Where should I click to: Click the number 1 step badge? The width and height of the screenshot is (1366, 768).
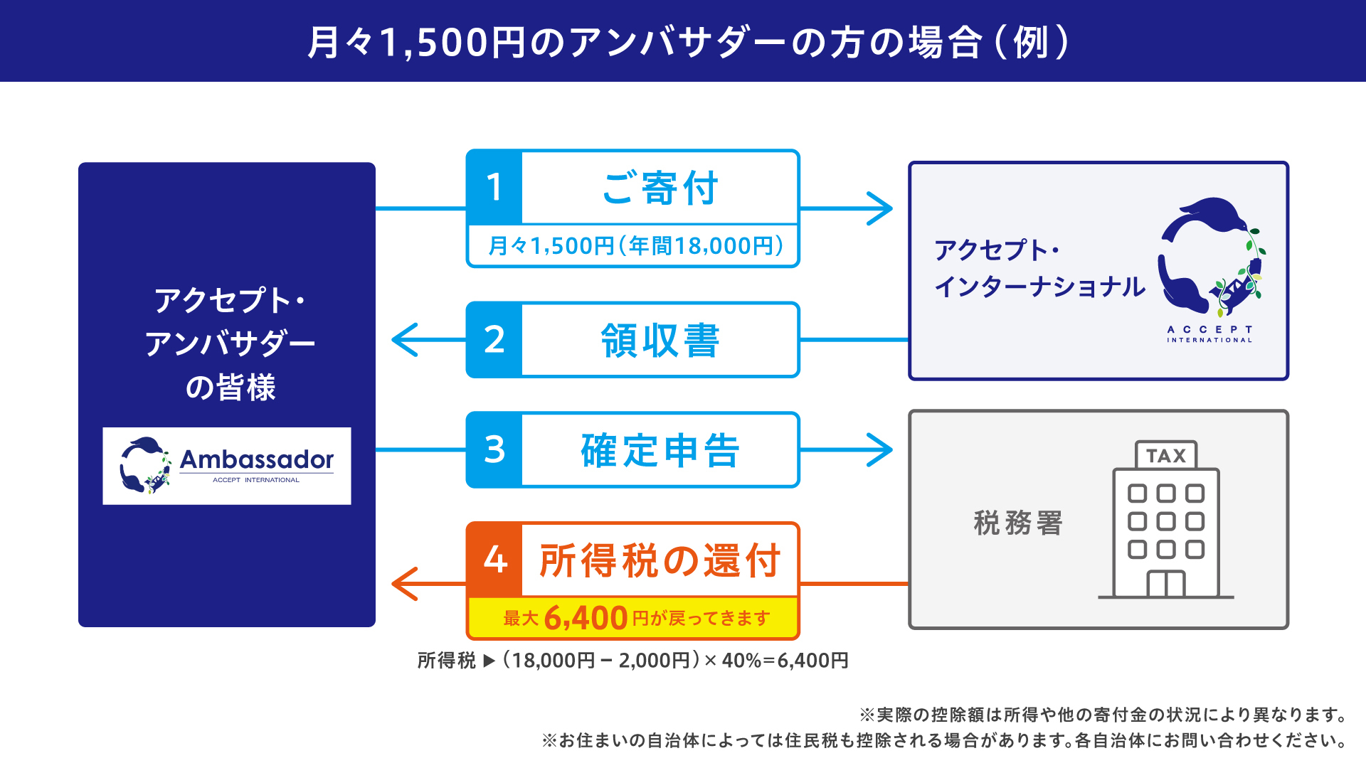(x=494, y=188)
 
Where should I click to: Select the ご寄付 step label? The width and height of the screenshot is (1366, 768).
(x=660, y=188)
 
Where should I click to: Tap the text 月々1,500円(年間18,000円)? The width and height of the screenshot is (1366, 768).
(x=635, y=246)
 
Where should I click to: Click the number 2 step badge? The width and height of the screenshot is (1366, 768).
(x=494, y=340)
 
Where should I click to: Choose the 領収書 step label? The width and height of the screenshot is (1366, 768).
(x=660, y=341)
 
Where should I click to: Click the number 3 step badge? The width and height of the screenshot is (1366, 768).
(x=494, y=449)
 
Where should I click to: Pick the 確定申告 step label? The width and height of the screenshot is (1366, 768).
(x=660, y=450)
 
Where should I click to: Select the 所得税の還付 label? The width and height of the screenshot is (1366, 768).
(x=660, y=560)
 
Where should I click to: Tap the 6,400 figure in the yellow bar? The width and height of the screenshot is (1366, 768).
(x=586, y=618)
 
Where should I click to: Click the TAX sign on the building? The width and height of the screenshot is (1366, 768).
(x=1166, y=456)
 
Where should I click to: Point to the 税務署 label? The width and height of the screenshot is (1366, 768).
(x=1017, y=523)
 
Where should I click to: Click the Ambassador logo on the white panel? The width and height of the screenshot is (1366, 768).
(x=227, y=466)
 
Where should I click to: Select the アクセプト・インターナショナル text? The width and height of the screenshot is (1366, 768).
(x=1039, y=269)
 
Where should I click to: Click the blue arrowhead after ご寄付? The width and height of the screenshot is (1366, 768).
(x=881, y=208)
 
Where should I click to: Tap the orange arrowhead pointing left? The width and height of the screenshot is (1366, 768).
(x=405, y=584)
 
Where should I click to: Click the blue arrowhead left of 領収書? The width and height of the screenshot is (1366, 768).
(x=405, y=340)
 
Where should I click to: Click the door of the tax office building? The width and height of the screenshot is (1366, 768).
(x=1166, y=584)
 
